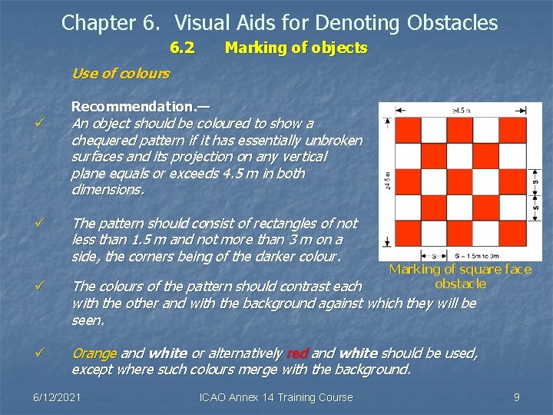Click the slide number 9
[517, 397]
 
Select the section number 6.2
[181, 48]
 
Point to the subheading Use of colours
[120, 74]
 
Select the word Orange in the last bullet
[94, 354]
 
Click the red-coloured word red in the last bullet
[296, 354]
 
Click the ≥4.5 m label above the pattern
[462, 110]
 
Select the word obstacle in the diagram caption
[460, 284]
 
